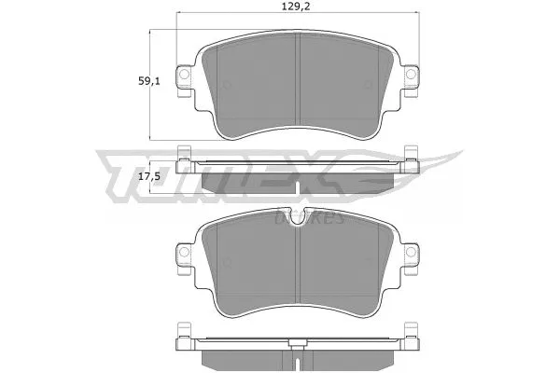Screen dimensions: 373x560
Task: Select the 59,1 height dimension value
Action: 124,82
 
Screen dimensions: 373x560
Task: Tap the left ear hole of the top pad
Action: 185,76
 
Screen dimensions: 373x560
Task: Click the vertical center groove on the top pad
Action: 297,84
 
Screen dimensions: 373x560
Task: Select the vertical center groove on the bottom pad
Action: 297,261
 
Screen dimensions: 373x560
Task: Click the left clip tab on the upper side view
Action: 183,156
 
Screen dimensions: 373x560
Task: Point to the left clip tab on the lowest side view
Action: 183,330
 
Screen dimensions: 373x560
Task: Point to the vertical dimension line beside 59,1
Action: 151,84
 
